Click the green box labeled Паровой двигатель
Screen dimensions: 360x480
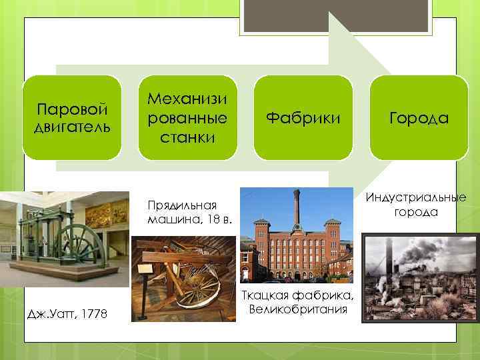(72, 117)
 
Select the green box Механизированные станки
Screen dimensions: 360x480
(187, 117)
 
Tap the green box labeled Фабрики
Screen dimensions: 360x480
(303, 118)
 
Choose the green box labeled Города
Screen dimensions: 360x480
(419, 118)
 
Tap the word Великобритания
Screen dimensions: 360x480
(298, 309)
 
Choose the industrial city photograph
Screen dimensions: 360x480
(420, 277)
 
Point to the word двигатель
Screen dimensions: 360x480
(71, 127)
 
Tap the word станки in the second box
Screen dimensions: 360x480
(187, 137)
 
